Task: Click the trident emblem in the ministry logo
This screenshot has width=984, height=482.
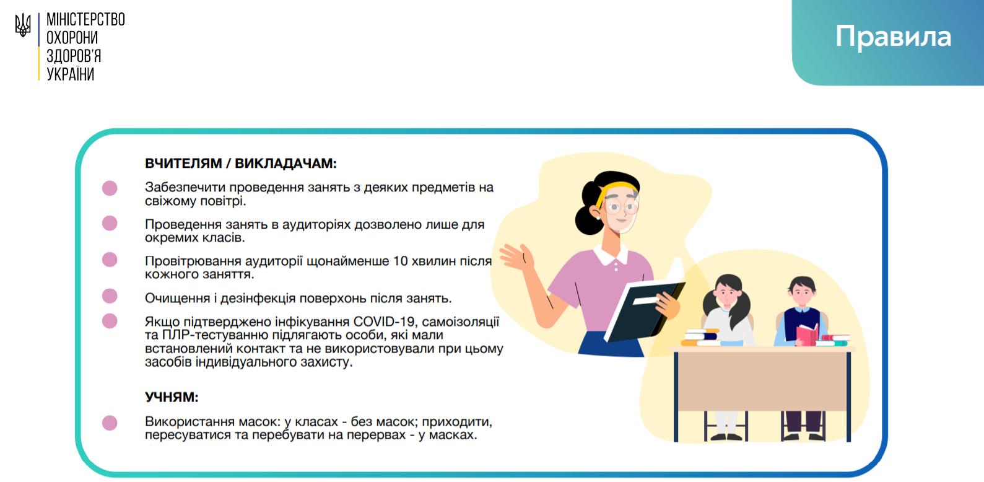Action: (23, 25)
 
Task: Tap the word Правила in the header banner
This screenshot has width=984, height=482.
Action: (893, 37)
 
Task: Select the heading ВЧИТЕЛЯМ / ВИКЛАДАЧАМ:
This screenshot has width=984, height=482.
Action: (241, 164)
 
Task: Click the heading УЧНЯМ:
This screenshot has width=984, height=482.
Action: (172, 397)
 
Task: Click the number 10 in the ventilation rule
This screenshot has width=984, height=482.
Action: (401, 261)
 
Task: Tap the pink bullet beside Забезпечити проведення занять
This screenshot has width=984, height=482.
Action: (110, 188)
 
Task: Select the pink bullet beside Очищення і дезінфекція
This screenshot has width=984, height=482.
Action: (110, 296)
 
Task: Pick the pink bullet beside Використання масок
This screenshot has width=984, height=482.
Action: (110, 423)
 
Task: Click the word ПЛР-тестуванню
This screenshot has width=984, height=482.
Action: (216, 335)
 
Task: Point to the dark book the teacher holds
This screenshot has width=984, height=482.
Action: (644, 310)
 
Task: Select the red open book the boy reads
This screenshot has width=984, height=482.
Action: (808, 335)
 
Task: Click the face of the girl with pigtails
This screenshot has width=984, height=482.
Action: (726, 296)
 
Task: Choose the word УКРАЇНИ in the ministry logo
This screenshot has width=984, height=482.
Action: (71, 74)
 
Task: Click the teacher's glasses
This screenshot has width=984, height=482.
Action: (620, 206)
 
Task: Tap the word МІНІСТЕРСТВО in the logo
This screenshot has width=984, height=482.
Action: (85, 20)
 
